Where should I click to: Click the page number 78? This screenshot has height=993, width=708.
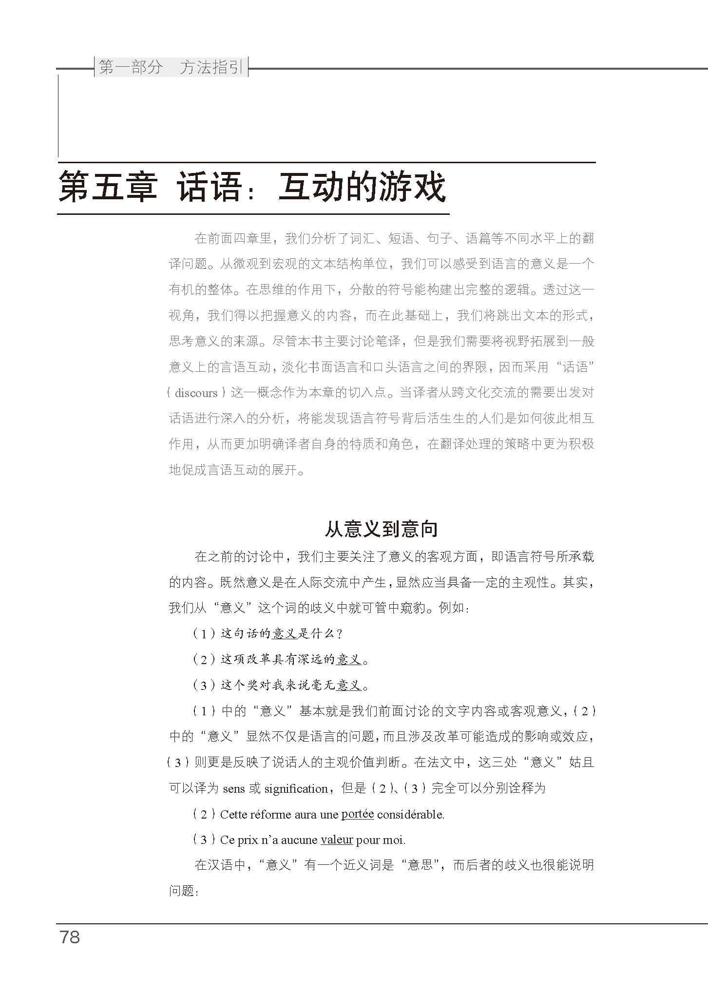pyautogui.click(x=70, y=936)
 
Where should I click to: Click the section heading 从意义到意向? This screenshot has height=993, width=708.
pyautogui.click(x=381, y=529)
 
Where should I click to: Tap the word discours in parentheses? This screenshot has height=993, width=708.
pyautogui.click(x=196, y=393)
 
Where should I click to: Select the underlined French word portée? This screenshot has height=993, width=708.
pyautogui.click(x=358, y=814)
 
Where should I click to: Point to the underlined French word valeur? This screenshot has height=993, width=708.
pyautogui.click(x=337, y=840)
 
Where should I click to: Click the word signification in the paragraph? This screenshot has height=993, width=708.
pyautogui.click(x=296, y=789)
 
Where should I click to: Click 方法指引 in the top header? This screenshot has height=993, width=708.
pyautogui.click(x=211, y=68)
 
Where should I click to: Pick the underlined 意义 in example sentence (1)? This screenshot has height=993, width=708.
pyautogui.click(x=285, y=634)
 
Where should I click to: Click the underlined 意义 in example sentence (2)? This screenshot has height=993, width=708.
pyautogui.click(x=349, y=660)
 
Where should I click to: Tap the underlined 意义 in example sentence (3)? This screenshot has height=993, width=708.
pyautogui.click(x=349, y=686)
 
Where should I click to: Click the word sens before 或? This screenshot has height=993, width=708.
pyautogui.click(x=234, y=789)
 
